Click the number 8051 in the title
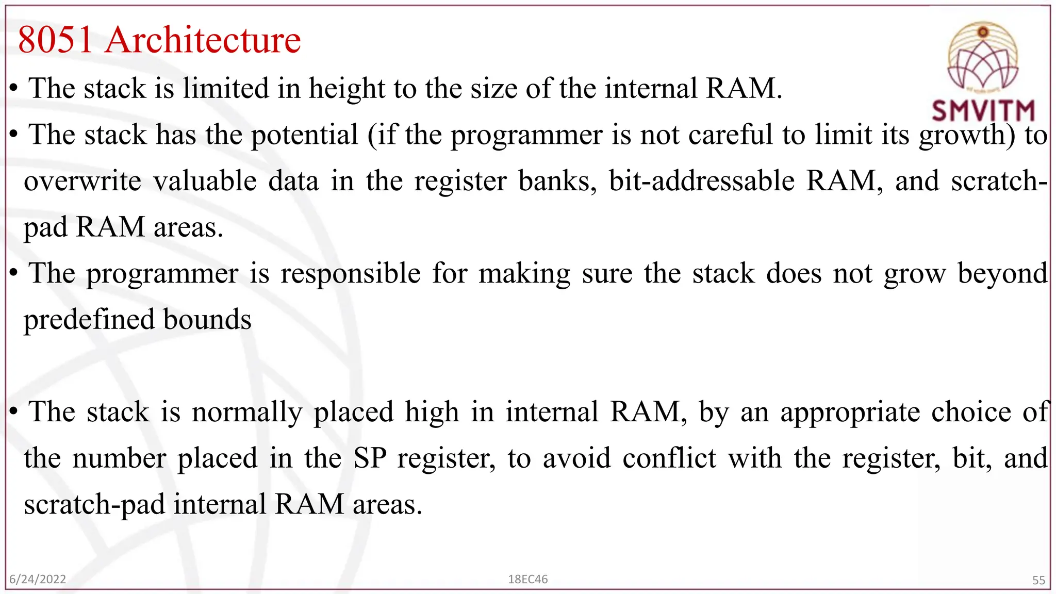click(55, 40)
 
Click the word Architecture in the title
click(203, 40)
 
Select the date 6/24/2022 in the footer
click(38, 579)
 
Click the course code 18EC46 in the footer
click(527, 579)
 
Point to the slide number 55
click(1038, 580)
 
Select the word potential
click(304, 135)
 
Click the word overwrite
click(82, 181)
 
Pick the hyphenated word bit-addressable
click(702, 181)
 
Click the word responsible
click(351, 273)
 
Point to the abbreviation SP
click(370, 458)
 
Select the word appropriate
click(850, 412)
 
